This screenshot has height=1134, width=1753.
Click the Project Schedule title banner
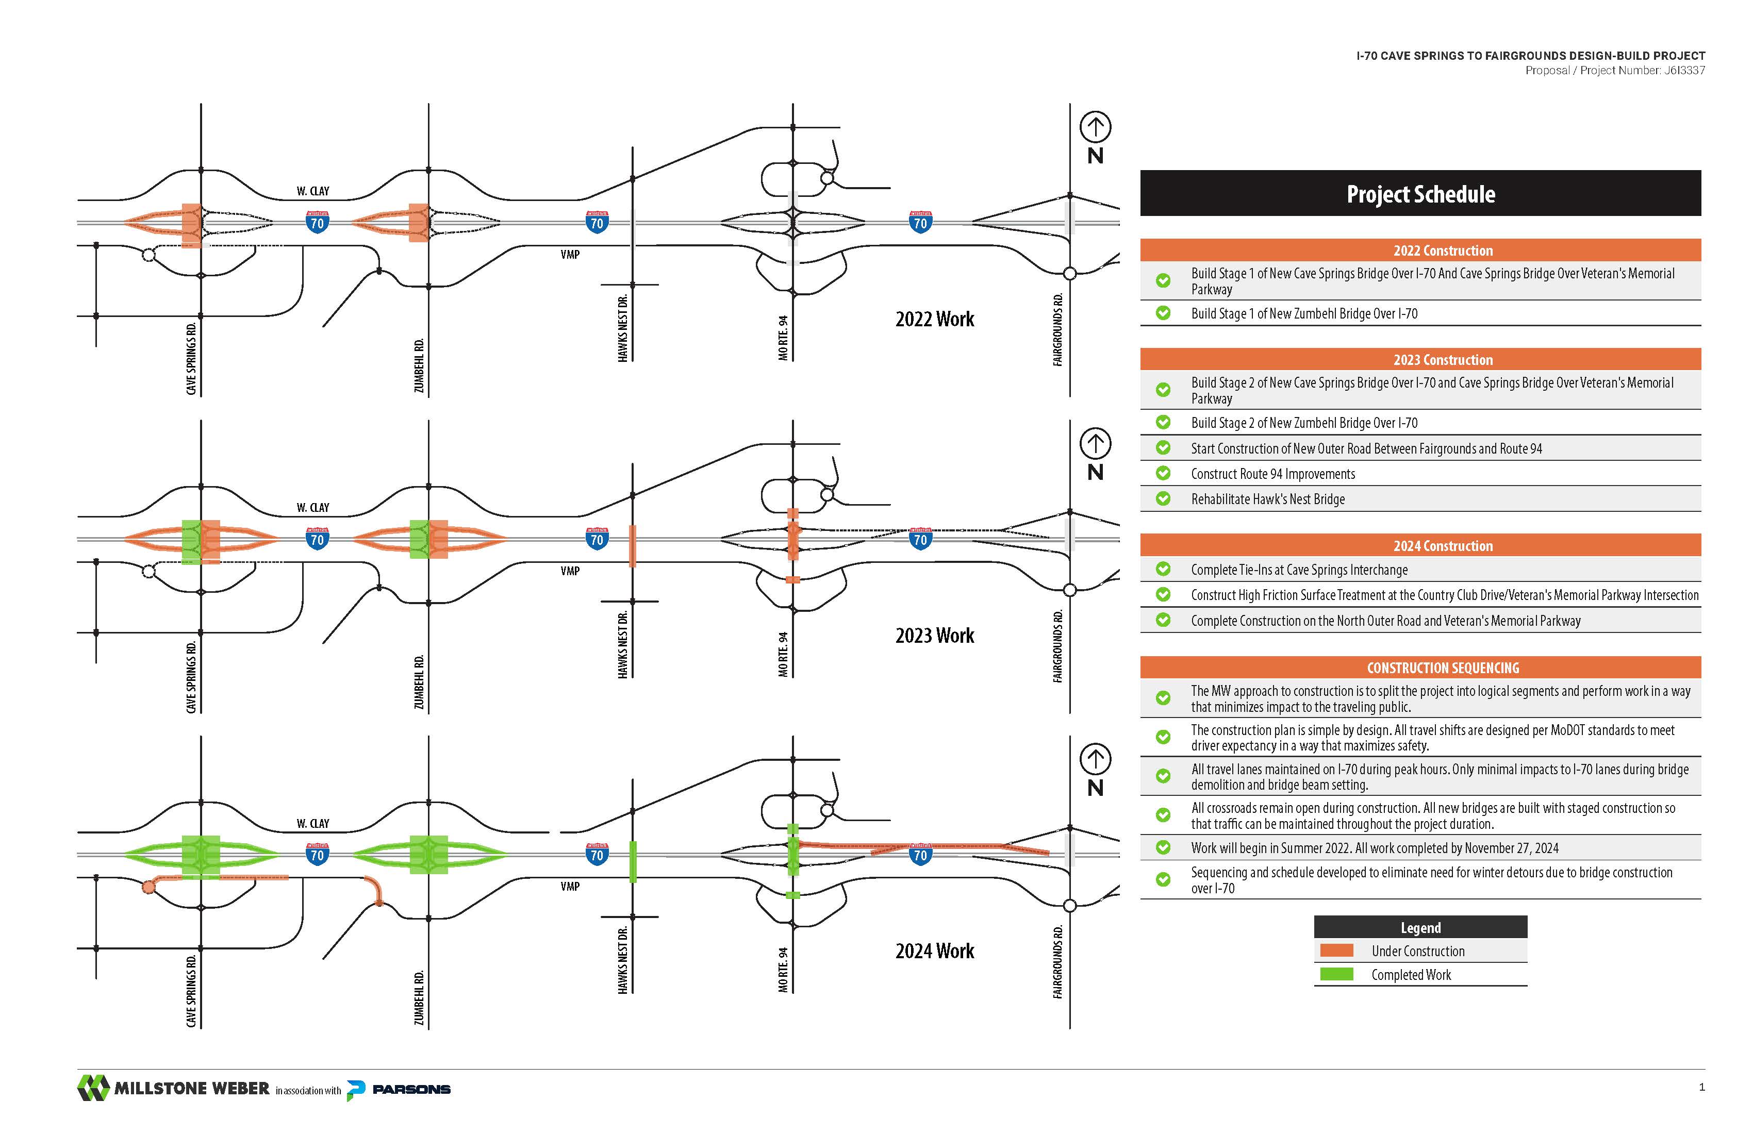pyautogui.click(x=1420, y=194)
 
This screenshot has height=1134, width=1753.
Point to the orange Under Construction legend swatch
pyautogui.click(x=1336, y=950)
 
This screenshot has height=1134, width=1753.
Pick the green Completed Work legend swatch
pyautogui.click(x=1336, y=974)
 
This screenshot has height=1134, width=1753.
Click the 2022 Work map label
pyautogui.click(x=934, y=319)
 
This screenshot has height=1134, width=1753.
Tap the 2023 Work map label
pyautogui.click(x=934, y=636)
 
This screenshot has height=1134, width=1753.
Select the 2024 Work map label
pyautogui.click(x=934, y=952)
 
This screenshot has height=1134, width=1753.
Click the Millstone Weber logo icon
pyautogui.click(x=93, y=1088)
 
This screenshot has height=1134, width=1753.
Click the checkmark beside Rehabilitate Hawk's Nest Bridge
pyautogui.click(x=1163, y=498)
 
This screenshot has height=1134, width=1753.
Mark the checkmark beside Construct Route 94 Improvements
pyautogui.click(x=1163, y=474)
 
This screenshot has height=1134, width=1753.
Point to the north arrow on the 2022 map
pyautogui.click(x=1095, y=127)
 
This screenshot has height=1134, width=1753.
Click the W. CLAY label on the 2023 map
pyautogui.click(x=313, y=507)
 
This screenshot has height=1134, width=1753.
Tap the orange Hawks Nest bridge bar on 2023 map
pyautogui.click(x=633, y=546)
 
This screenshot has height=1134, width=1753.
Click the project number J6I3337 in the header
pyautogui.click(x=1684, y=71)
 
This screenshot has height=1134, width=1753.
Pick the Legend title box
pyautogui.click(x=1420, y=927)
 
